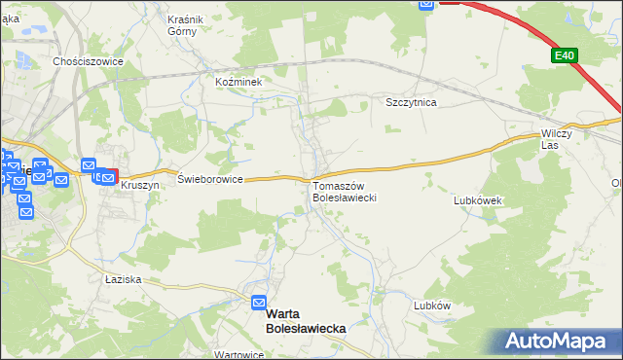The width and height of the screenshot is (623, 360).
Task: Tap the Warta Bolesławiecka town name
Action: pyautogui.click(x=306, y=323)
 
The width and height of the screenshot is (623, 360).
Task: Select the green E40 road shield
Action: pyautogui.click(x=563, y=56)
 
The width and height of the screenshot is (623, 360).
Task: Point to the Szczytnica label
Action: pyautogui.click(x=410, y=102)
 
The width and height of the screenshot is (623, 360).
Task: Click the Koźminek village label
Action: pyautogui.click(x=239, y=83)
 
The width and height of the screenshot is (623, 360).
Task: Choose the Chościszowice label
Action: pyautogui.click(x=88, y=60)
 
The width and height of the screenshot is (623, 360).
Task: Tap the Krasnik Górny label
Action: pyautogui.click(x=183, y=24)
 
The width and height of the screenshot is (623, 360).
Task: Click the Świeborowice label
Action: pyautogui.click(x=209, y=179)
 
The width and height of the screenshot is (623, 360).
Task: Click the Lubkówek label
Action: pyautogui.click(x=477, y=200)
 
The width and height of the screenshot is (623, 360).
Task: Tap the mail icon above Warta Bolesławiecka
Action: pyautogui.click(x=259, y=303)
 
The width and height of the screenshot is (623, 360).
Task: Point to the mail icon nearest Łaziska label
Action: pyautogui.click(x=25, y=210)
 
